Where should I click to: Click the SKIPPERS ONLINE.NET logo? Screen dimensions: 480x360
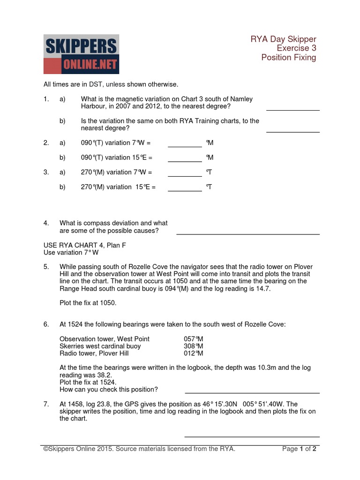pos(81,54)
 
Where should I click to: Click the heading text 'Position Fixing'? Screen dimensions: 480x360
pos(288,58)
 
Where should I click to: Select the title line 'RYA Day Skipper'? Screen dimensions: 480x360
pos(283,39)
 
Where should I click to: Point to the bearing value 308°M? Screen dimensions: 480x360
pos(193,346)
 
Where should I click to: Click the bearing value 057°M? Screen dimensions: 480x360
pos(193,339)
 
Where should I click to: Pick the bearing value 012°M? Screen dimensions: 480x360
pos(193,353)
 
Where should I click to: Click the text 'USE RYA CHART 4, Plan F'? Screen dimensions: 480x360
pos(85,245)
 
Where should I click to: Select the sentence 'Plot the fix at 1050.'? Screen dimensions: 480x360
pos(88,303)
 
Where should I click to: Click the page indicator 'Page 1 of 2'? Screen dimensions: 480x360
pos(299,449)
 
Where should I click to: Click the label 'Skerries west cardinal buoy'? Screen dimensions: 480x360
pos(100,346)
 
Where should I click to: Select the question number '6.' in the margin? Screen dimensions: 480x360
pos(46,324)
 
